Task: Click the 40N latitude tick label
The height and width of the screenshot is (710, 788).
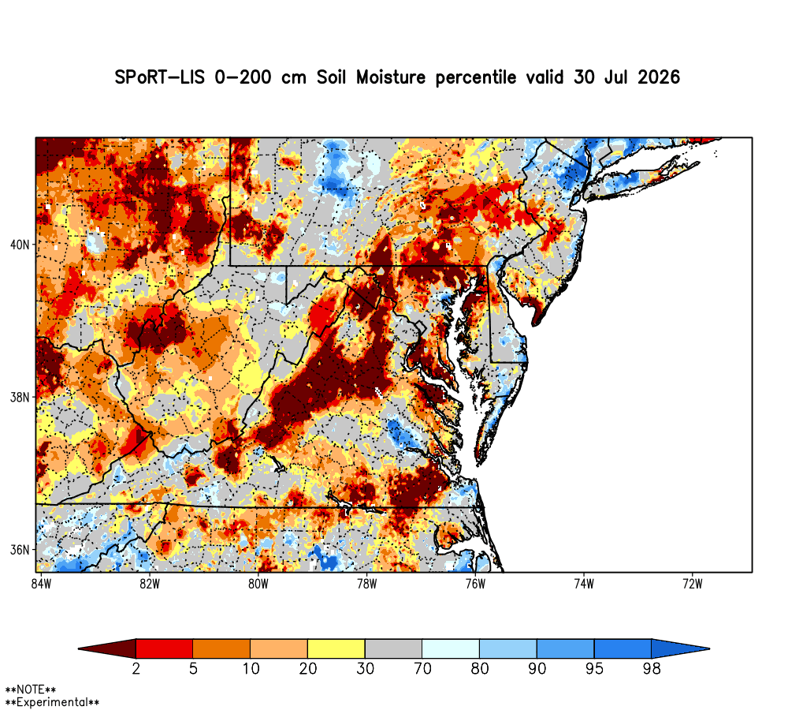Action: [20, 245]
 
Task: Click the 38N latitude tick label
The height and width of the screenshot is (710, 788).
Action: [20, 397]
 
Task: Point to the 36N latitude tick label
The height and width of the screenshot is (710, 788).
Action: [20, 550]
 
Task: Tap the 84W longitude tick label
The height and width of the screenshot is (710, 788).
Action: [41, 584]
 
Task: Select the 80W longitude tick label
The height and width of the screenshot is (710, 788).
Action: [258, 584]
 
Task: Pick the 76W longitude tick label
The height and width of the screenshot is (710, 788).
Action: [475, 584]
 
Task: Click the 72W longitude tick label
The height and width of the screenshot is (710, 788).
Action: [693, 584]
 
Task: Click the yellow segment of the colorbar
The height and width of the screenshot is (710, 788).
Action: [336, 648]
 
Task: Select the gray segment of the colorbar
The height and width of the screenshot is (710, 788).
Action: [393, 648]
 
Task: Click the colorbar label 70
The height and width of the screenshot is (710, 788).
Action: [422, 669]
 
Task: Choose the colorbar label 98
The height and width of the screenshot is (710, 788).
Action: [652, 669]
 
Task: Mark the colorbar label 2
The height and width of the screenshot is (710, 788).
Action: [136, 669]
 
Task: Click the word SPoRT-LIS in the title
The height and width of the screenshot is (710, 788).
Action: [160, 77]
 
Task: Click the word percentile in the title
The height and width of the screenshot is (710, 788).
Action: [476, 78]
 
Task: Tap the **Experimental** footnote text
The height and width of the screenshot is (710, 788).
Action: [52, 702]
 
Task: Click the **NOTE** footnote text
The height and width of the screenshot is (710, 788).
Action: [31, 689]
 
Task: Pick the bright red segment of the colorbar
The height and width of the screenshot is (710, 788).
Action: [165, 648]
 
